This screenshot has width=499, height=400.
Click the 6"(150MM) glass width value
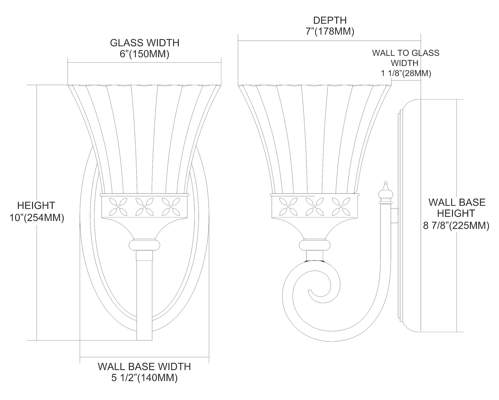click(144, 54)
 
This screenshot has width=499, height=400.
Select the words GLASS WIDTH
click(144, 43)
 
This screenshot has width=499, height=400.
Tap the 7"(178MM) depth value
click(329, 32)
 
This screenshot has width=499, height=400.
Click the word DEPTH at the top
click(329, 20)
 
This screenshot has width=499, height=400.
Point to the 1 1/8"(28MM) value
click(406, 73)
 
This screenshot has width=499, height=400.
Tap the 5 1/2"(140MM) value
click(144, 378)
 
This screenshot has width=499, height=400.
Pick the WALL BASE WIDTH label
click(144, 366)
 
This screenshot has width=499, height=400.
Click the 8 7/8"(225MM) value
click(456, 226)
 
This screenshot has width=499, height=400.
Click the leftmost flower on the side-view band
click(288, 206)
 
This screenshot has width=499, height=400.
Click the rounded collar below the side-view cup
click(314, 245)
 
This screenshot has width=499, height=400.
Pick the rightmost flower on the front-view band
click(171, 206)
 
